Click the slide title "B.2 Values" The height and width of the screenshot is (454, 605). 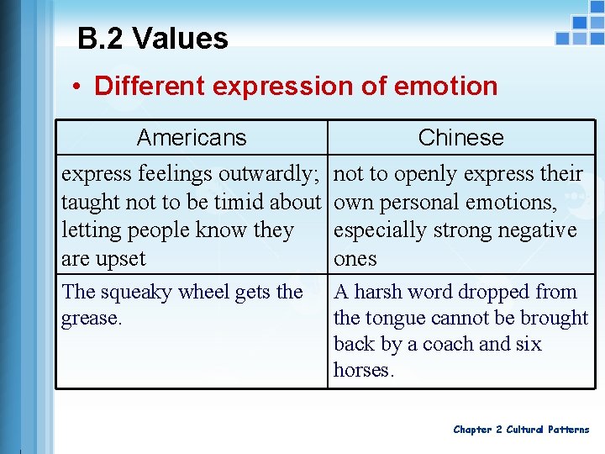click(x=152, y=39)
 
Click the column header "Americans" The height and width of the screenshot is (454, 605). click(x=192, y=138)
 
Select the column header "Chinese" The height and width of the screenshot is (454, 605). click(x=460, y=138)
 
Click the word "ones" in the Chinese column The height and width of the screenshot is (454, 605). click(x=355, y=259)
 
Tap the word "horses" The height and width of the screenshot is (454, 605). click(x=362, y=370)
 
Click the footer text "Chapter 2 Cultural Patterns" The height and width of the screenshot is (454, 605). click(x=521, y=430)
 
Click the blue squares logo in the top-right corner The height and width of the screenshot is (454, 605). click(x=580, y=29)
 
